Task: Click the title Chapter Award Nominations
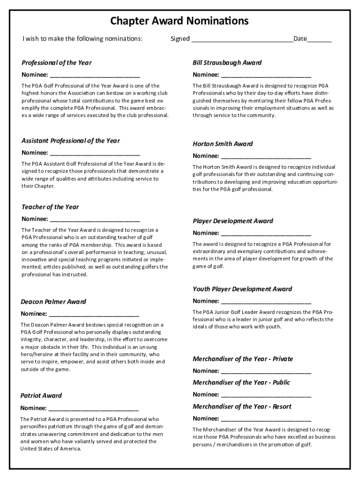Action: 180,21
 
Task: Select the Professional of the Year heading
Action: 57,63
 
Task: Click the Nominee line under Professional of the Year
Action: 95,75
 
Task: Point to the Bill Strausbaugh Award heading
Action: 227,63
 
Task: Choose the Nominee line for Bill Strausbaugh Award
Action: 266,75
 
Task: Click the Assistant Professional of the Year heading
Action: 71,141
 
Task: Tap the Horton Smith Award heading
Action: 223,144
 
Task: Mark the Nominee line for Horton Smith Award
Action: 266,157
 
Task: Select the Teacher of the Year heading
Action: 50,207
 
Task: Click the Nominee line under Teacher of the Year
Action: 95,219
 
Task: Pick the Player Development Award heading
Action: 233,221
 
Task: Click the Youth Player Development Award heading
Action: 242,289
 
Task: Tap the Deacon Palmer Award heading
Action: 53,302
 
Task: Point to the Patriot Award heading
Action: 41,396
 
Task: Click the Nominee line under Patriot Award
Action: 94,408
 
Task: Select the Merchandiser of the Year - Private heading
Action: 243,359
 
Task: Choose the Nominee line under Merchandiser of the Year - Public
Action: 266,395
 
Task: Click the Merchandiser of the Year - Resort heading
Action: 242,406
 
